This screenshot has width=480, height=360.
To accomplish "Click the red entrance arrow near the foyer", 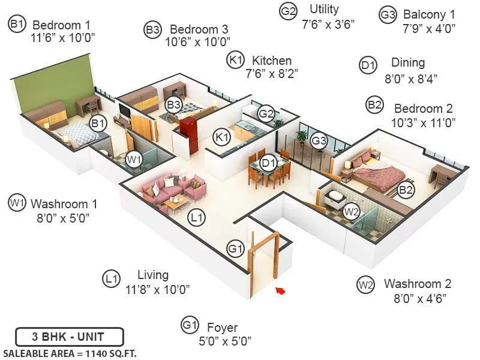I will [x=280, y=291].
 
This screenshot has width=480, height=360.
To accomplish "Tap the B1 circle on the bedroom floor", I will [x=98, y=124].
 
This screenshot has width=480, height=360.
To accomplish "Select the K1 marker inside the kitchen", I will [x=223, y=137].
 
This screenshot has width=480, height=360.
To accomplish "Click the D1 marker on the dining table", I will [x=268, y=162].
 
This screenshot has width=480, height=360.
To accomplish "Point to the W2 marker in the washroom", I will [x=351, y=211].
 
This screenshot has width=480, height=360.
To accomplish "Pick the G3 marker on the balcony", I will [x=319, y=141].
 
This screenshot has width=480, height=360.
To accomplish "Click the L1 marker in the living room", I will [x=196, y=217].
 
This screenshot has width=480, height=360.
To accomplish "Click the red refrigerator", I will [x=188, y=127].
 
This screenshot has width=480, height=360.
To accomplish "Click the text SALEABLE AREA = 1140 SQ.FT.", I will [x=70, y=353].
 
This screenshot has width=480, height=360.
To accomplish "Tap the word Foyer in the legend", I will [x=222, y=328].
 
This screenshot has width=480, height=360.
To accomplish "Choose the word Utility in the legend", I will [x=324, y=10].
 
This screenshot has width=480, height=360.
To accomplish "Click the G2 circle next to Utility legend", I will [x=289, y=11].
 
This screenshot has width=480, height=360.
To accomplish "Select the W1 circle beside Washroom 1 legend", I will [x=16, y=203].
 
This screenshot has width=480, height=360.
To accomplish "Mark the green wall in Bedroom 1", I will [x=54, y=84].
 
